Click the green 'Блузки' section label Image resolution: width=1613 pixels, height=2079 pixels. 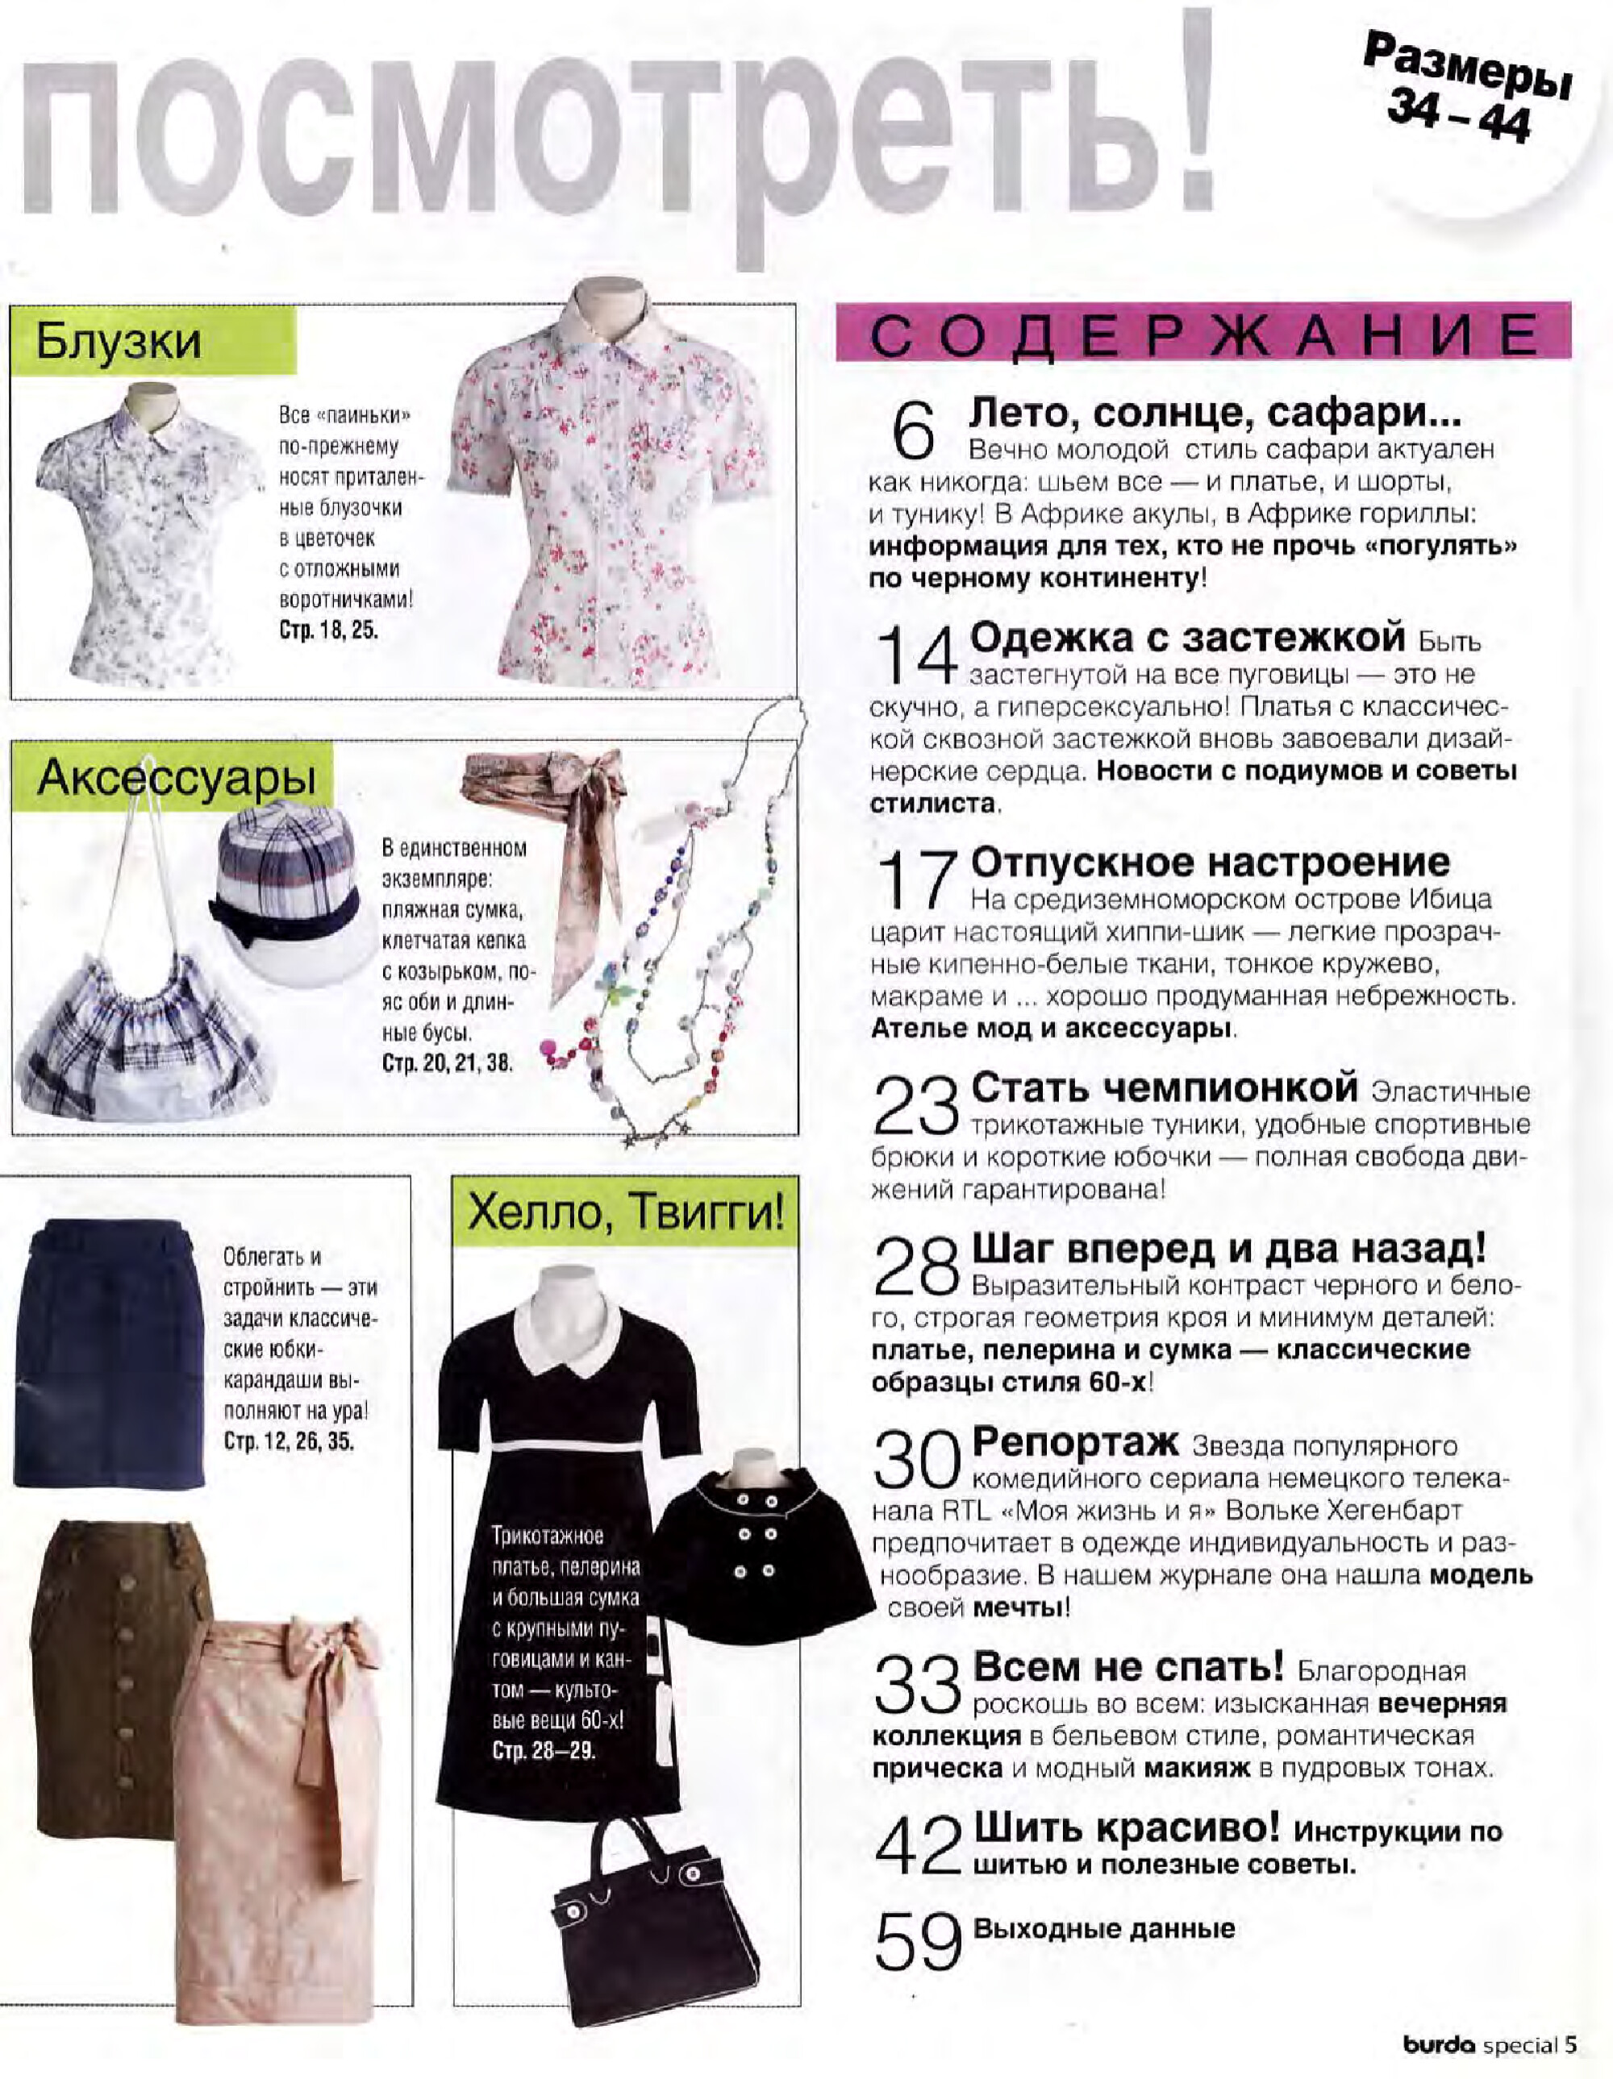pyautogui.click(x=119, y=341)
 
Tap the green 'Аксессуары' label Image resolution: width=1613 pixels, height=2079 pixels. pyautogui.click(x=176, y=778)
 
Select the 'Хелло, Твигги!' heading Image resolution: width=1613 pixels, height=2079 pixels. pyautogui.click(x=626, y=1212)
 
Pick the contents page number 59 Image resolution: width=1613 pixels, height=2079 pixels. pyautogui.click(x=918, y=1941)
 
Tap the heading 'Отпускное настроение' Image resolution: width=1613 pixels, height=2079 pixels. pyautogui.click(x=1211, y=863)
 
